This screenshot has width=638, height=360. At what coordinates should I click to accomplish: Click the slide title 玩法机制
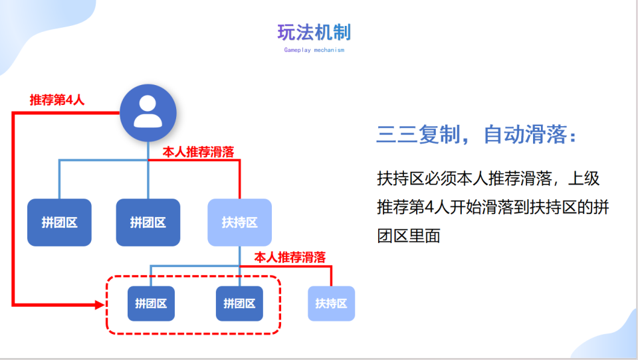coord(314,33)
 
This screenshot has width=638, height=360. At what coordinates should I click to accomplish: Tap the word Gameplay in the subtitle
coord(298,50)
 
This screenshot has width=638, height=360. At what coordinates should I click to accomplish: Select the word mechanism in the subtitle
coord(329,50)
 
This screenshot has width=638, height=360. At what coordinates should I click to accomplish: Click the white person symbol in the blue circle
coord(148,112)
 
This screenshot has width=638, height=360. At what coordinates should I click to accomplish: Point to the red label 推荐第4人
coord(57,100)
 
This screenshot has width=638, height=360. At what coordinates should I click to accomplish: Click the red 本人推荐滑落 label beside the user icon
coord(198,151)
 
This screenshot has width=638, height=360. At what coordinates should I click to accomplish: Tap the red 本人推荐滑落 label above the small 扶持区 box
coord(290,257)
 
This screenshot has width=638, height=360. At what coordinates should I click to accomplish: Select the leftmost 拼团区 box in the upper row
coord(59,222)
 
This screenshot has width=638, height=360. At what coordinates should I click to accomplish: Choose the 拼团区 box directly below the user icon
coord(148,222)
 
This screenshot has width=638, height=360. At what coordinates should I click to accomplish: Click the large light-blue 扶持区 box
coord(240,222)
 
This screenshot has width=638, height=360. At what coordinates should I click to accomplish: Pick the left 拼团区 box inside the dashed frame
coord(151,304)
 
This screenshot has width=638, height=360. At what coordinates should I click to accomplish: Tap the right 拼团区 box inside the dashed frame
coord(239,304)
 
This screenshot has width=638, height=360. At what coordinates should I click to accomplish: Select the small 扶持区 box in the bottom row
coord(331,304)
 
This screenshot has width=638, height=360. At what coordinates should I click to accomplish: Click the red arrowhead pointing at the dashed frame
coord(100,304)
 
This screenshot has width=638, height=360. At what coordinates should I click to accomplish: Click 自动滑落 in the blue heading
coord(525,134)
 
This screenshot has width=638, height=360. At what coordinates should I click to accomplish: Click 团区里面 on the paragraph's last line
coord(409,236)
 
